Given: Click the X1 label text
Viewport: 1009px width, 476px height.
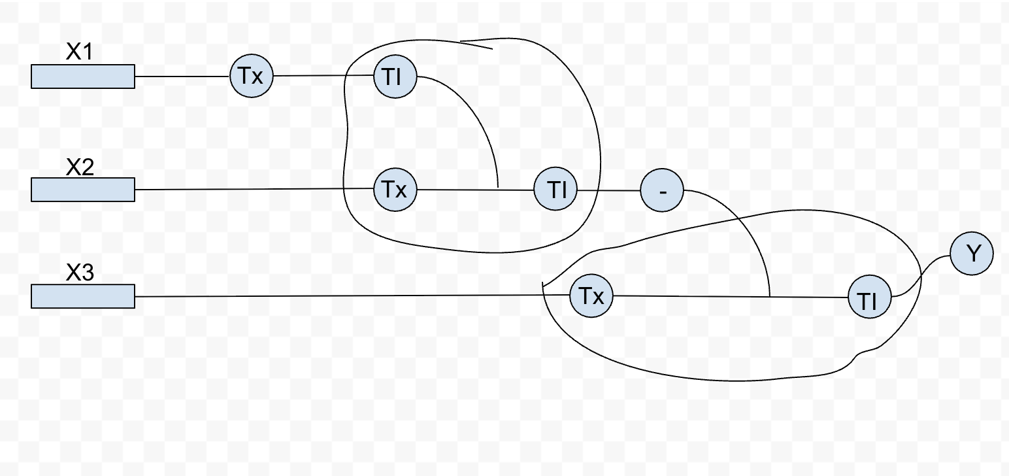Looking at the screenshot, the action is click(79, 52).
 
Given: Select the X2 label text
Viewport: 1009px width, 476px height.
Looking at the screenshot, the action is click(80, 167).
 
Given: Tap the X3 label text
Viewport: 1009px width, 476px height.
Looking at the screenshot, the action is click(80, 272).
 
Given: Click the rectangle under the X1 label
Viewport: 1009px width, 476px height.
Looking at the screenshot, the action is click(83, 76).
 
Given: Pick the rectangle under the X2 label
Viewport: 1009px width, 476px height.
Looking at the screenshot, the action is click(83, 190).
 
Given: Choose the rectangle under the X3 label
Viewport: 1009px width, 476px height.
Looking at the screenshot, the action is click(83, 296).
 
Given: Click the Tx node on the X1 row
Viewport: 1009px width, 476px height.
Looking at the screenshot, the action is click(252, 76).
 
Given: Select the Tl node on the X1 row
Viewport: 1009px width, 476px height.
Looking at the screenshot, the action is click(395, 76).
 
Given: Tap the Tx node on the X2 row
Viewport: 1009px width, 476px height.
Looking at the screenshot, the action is click(395, 190).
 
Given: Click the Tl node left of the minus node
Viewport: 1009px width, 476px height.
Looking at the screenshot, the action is click(555, 190).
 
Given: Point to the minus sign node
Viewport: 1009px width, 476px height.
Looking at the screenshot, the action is click(662, 190).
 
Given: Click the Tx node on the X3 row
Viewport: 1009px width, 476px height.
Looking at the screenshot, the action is click(591, 296).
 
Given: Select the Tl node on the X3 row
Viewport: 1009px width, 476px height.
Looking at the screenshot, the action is click(869, 297).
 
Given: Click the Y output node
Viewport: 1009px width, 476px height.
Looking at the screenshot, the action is click(972, 253).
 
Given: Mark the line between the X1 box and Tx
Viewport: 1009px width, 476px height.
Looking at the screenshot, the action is click(182, 76).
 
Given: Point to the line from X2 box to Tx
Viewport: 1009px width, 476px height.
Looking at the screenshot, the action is click(254, 190).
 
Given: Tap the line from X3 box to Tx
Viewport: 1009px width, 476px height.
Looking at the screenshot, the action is click(352, 296).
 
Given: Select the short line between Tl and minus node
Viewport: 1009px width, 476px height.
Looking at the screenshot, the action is click(608, 191).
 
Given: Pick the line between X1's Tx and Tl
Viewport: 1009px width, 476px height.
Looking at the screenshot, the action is click(323, 76).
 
